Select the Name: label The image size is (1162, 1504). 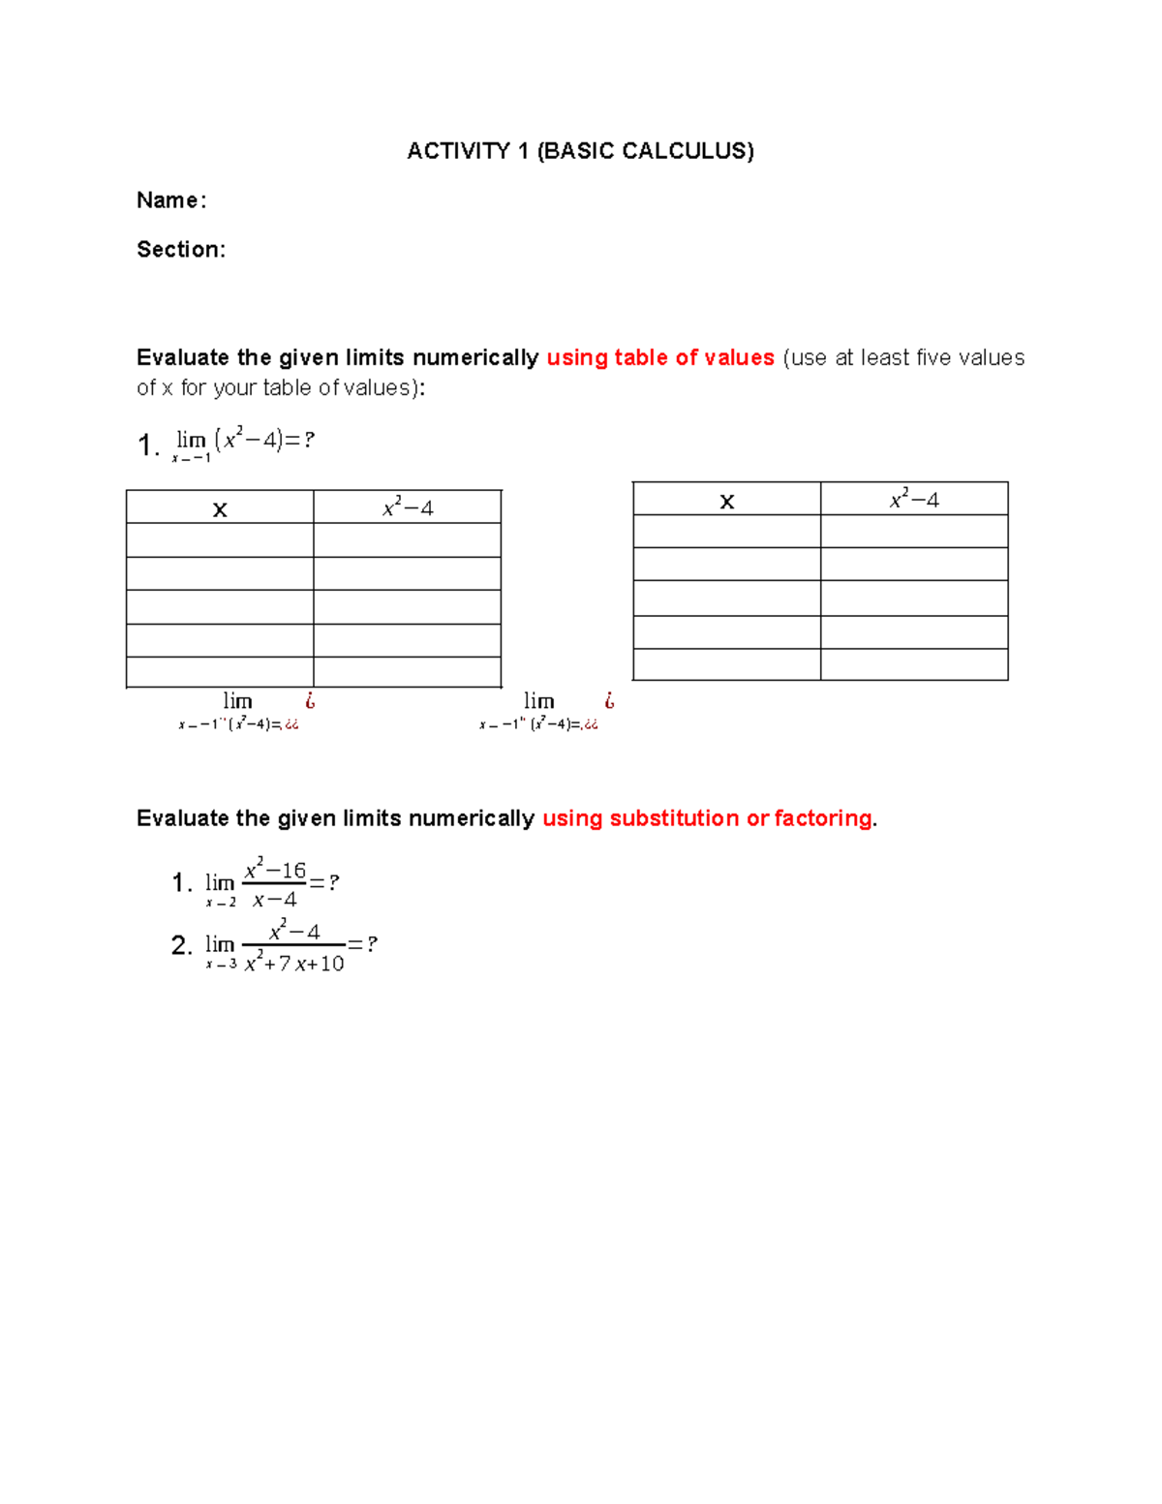coord(171,200)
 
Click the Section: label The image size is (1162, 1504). coord(181,250)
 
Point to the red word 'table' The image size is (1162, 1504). coord(640,357)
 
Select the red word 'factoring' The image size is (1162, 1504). coord(823,818)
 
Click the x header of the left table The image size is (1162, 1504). coord(220,509)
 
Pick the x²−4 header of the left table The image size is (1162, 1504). coord(408,507)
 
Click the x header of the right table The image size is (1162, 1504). coord(727,501)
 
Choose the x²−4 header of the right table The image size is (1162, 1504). coord(914,500)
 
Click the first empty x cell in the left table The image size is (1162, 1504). coord(220,540)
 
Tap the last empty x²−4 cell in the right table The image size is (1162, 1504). coord(914,664)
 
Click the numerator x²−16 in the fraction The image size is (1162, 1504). coord(275,870)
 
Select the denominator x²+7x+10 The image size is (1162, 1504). coord(294,964)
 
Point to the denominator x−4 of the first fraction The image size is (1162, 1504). coord(275,900)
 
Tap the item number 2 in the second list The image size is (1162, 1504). coord(180,945)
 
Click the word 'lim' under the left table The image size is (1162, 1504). coord(237,701)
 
